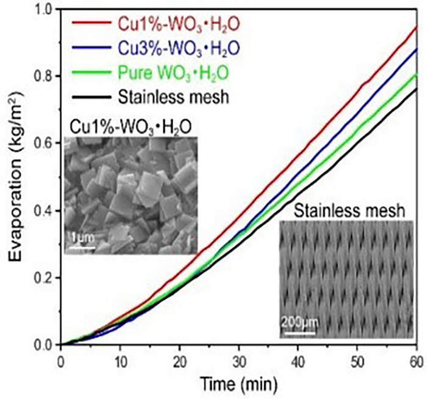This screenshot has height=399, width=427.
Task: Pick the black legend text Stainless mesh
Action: pyautogui.click(x=163, y=96)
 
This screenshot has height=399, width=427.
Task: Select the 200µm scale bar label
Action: pyautogui.click(x=298, y=321)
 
